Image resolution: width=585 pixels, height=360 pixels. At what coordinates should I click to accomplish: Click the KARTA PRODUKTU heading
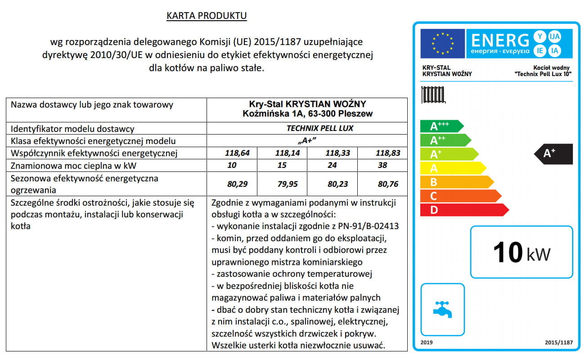207,16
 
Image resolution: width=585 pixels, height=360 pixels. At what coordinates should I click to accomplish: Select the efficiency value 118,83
388,153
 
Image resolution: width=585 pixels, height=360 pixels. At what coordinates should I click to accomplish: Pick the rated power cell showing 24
332,165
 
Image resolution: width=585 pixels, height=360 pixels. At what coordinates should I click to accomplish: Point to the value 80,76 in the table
388,184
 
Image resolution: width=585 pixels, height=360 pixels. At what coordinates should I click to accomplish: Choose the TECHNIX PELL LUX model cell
320,128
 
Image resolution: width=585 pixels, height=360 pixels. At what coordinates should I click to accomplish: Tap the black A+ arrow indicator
553,153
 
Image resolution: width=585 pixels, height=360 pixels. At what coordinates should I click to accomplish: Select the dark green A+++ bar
441,126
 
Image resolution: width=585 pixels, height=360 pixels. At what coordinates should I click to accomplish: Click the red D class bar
463,210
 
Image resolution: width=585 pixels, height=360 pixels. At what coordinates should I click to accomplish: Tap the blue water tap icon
442,309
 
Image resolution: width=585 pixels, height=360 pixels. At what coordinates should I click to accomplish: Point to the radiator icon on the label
433,95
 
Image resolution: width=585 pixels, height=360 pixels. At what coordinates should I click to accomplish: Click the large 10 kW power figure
522,252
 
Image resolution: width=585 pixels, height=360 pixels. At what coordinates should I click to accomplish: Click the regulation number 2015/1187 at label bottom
558,342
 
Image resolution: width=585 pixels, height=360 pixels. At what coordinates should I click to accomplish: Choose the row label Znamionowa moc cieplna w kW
72,165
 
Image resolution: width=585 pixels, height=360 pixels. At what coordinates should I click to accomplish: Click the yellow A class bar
452,168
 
